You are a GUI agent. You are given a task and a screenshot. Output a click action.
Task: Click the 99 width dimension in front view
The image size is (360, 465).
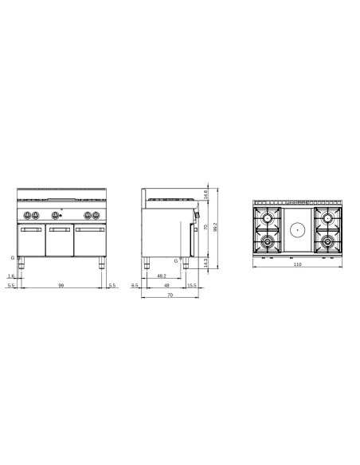61,285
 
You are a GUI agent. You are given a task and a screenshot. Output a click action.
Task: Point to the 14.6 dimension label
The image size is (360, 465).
207,193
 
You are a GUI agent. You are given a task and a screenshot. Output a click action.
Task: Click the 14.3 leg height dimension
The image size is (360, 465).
207,261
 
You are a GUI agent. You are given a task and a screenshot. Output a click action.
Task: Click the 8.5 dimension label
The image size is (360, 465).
135,285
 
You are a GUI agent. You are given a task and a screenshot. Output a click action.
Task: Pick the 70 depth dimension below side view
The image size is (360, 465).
170,296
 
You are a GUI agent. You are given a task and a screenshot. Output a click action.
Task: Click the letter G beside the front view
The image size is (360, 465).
12,259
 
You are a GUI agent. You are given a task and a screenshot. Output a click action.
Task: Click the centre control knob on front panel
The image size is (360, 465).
56,215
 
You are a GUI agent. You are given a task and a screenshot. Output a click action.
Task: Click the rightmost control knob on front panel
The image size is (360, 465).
97,215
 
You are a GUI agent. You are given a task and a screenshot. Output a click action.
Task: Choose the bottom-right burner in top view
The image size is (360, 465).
327,240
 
